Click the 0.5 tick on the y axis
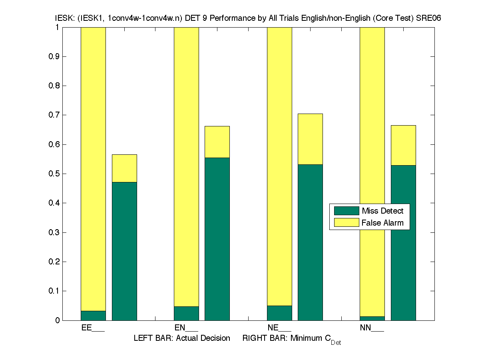[55, 174]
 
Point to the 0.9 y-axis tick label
[55, 57]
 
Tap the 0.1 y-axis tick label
[55, 291]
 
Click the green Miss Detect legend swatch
[346, 211]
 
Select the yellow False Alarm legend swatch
[346, 223]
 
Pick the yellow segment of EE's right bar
[124, 168]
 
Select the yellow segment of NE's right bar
[310, 139]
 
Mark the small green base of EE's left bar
[93, 316]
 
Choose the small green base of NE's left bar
[279, 313]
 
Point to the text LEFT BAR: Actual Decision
[182, 338]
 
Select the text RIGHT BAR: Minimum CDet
[292, 339]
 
